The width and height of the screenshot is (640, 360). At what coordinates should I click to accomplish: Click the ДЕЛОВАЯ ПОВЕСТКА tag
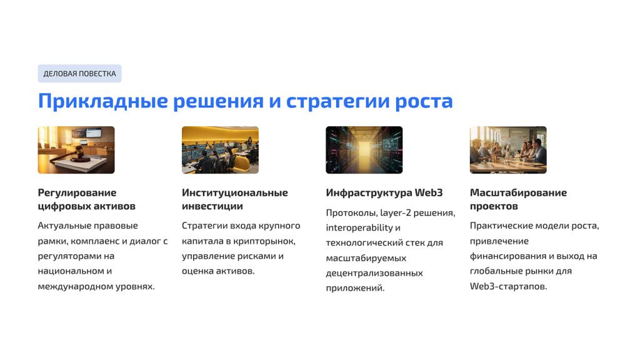pyautogui.click(x=79, y=74)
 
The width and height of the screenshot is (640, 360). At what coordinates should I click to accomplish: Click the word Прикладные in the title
pyautogui.click(x=103, y=101)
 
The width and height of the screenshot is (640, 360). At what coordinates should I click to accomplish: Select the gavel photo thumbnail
pyautogui.click(x=76, y=150)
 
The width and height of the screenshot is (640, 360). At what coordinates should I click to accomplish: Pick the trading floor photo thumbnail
pyautogui.click(x=221, y=150)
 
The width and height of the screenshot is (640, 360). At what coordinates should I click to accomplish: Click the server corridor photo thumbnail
pyautogui.click(x=364, y=150)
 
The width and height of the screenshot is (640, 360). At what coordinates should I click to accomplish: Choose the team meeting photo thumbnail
pyautogui.click(x=508, y=150)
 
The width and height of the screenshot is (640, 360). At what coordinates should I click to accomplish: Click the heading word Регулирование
pyautogui.click(x=77, y=192)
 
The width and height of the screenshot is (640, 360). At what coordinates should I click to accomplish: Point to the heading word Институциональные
pyautogui.click(x=235, y=192)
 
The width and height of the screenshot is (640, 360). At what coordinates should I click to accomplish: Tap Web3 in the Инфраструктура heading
pyautogui.click(x=429, y=192)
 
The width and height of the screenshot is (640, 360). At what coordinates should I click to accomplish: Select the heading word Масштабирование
pyautogui.click(x=518, y=192)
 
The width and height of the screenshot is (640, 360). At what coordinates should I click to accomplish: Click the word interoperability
pyautogui.click(x=359, y=227)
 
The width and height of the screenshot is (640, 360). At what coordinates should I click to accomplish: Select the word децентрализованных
pyautogui.click(x=374, y=273)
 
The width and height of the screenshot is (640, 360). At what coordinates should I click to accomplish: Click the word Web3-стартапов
pyautogui.click(x=508, y=286)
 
